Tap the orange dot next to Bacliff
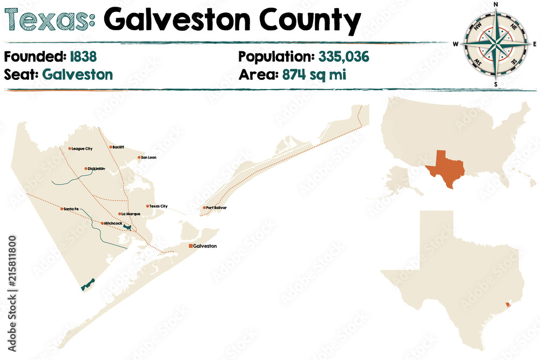[x=110, y=147]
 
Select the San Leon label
[x=148, y=158]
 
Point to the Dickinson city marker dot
[x=86, y=169]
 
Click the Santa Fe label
[x=72, y=209]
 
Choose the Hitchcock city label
[x=113, y=223]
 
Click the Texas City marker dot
[x=147, y=206]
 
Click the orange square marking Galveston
[x=190, y=246]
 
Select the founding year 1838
[x=83, y=56]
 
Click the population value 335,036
[x=344, y=56]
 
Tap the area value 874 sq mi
[x=313, y=74]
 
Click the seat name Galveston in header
[x=78, y=74]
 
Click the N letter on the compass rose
[x=496, y=5]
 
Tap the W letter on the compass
[x=456, y=44]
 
